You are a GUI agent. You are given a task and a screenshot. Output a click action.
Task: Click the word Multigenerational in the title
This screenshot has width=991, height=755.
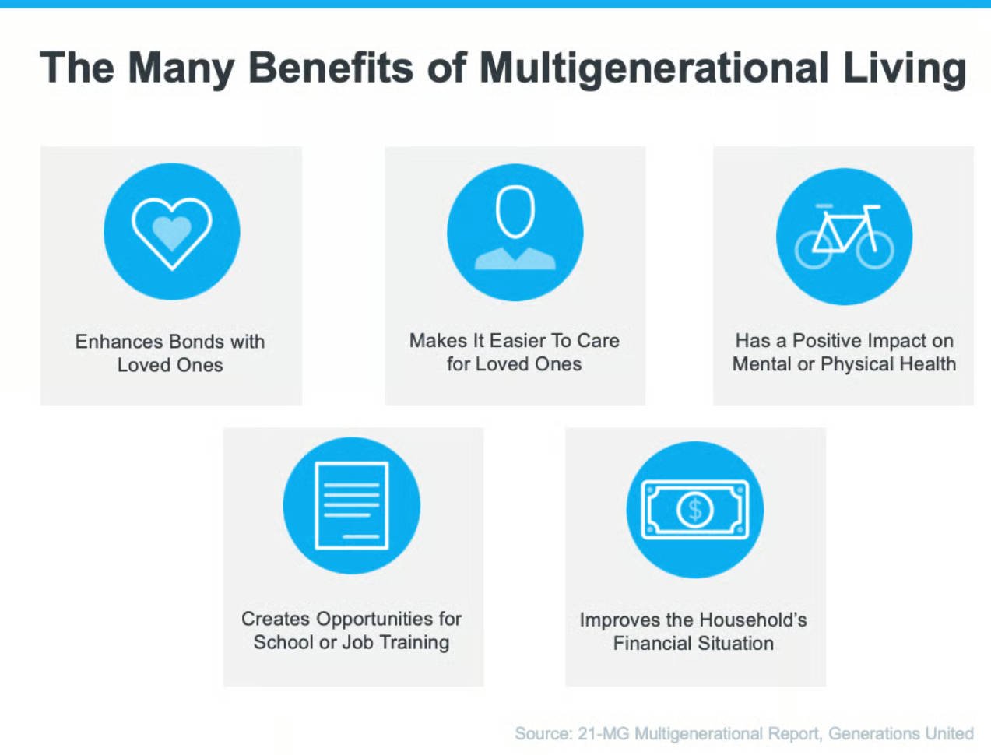pyautogui.click(x=653, y=68)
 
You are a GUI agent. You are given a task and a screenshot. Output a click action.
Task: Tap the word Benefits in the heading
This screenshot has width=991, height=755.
pyautogui.click(x=331, y=67)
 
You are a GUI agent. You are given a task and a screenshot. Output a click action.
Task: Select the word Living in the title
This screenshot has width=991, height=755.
pyautogui.click(x=905, y=68)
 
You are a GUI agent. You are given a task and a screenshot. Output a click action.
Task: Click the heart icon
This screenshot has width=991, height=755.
pyautogui.click(x=171, y=234)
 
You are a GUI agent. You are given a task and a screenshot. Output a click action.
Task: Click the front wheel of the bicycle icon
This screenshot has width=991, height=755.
pyautogui.click(x=875, y=250)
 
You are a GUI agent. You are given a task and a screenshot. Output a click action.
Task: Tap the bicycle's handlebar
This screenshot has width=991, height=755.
pyautogui.click(x=872, y=207)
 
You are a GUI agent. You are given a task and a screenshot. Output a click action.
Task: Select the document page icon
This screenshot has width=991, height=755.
pyautogui.click(x=351, y=505)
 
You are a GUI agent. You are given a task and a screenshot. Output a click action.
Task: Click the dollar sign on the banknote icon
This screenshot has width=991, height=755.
pyautogui.click(x=695, y=510)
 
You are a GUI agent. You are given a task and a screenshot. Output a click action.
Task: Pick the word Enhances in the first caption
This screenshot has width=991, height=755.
pyautogui.click(x=119, y=342)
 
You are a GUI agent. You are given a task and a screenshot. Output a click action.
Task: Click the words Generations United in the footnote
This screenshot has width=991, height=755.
pyautogui.click(x=901, y=734)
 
